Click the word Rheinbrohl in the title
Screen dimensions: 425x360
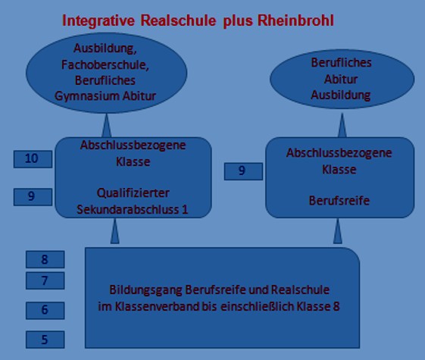click(x=295, y=20)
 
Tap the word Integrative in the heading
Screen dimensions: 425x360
click(x=98, y=21)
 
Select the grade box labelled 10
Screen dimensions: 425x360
click(x=33, y=159)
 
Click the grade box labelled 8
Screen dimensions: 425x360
click(x=45, y=259)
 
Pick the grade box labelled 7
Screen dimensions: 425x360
click(x=45, y=280)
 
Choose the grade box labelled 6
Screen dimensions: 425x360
click(x=45, y=311)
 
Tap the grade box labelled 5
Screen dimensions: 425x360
click(x=45, y=340)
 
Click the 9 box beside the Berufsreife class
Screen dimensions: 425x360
click(x=243, y=171)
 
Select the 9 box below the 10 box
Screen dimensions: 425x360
click(x=33, y=197)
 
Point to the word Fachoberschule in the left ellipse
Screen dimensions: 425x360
click(x=105, y=64)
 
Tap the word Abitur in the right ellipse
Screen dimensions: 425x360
click(x=341, y=79)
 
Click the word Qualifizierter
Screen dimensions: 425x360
click(x=133, y=193)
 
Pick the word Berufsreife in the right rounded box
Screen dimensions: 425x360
click(x=339, y=201)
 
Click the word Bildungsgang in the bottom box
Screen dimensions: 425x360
click(x=145, y=290)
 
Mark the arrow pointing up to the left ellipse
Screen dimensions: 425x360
click(x=106, y=125)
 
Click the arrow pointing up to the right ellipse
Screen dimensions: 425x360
click(x=342, y=125)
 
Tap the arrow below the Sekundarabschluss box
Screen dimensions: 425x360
click(x=114, y=231)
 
